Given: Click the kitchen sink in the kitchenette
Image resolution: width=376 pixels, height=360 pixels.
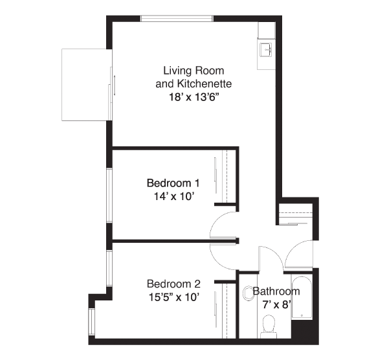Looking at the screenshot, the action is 266,50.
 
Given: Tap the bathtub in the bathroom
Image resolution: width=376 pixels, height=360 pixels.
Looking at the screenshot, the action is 302,297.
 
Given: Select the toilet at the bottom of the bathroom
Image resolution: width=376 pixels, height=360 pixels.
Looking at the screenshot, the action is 269,327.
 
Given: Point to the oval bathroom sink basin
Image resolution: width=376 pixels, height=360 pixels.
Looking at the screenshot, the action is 249,293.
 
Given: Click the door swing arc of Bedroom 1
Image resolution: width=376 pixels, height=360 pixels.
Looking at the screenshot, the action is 214,221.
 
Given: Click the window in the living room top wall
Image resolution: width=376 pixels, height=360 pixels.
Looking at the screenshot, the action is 177,19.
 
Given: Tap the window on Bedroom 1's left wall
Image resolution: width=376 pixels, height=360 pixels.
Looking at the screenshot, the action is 109,196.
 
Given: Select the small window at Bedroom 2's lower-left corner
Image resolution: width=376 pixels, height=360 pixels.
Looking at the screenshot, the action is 92,322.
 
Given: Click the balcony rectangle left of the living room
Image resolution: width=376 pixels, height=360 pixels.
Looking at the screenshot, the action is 87,85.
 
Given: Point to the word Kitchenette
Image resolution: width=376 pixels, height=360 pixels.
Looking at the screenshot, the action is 205,84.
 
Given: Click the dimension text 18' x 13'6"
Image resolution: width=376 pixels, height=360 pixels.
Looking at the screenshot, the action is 194,97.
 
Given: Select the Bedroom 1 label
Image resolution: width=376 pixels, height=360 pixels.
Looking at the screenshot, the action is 173,183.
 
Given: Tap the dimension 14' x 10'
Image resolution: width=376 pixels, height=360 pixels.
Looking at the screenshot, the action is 173,196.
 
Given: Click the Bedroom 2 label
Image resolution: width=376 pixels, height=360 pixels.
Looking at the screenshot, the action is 173,284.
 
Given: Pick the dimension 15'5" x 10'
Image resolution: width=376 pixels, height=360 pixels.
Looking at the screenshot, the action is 174,297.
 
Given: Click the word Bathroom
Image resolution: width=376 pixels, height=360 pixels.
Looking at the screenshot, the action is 276,291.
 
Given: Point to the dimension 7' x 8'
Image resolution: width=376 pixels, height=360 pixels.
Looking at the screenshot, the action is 277,304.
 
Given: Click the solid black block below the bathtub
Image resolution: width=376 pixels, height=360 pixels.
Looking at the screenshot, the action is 305,332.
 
